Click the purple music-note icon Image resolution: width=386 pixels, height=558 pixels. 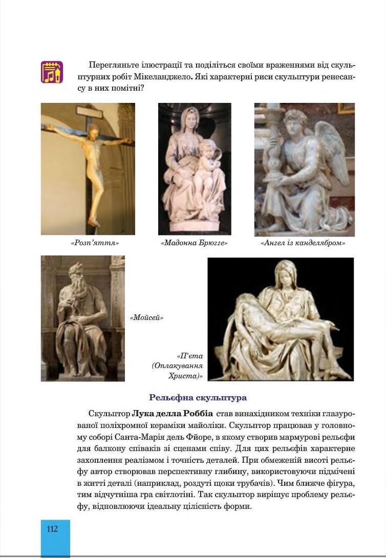tap(52, 72)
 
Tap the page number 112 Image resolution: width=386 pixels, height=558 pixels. tap(52, 529)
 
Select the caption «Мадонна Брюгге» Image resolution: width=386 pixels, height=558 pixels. tap(194, 243)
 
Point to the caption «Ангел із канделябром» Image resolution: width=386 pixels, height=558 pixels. tap(303, 243)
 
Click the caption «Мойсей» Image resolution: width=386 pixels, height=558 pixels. tap(146, 318)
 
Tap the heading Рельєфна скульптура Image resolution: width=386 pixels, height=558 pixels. tap(198, 397)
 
